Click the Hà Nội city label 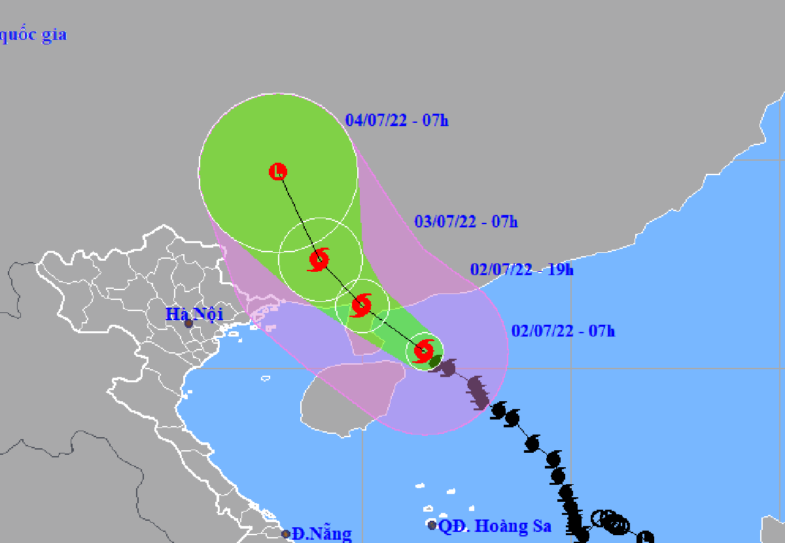(194, 314)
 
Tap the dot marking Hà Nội (188, 323)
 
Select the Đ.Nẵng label (322, 533)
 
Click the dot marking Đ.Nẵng (286, 534)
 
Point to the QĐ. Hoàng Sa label (495, 525)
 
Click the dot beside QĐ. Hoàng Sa (432, 525)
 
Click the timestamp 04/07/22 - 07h (396, 120)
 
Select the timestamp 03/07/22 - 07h (466, 222)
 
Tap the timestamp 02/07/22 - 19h (521, 269)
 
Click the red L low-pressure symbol (278, 172)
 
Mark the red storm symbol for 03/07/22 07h (319, 259)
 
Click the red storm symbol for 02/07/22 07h (424, 351)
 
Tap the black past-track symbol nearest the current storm (447, 367)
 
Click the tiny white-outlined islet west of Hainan (266, 378)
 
